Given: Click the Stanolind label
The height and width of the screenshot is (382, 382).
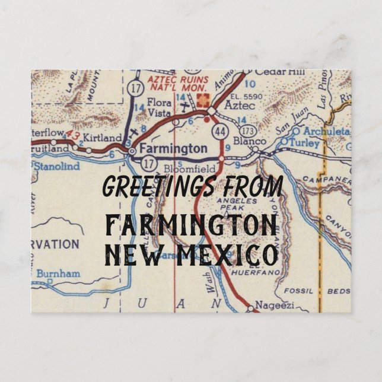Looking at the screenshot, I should (56, 167).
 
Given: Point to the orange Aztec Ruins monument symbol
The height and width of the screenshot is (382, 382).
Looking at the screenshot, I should (207, 96).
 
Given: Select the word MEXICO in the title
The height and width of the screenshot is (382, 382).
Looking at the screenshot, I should (237, 255).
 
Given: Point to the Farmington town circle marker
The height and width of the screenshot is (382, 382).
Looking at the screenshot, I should (132, 152).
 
